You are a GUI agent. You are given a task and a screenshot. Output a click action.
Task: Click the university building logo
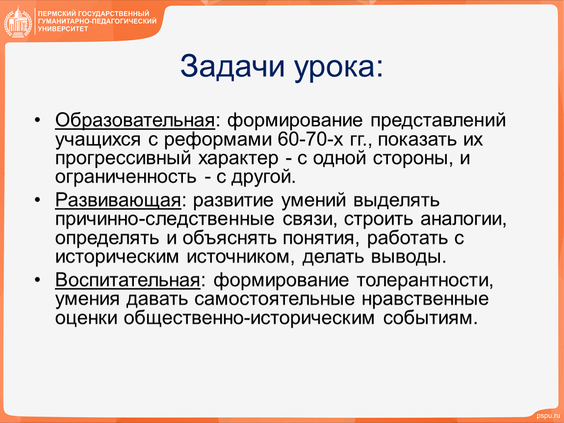18,22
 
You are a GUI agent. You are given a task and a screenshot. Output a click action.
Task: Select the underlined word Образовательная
135,120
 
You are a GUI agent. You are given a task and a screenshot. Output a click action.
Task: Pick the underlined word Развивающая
118,201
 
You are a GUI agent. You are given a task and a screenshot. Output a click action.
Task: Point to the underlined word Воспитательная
128,280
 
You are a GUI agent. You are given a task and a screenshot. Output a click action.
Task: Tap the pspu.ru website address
548,416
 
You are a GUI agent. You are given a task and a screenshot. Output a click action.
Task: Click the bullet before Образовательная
37,120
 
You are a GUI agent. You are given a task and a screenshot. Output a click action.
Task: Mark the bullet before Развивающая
37,200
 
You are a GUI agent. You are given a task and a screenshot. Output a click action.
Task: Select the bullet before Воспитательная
37,280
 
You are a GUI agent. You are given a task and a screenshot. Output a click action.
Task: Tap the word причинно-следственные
165,219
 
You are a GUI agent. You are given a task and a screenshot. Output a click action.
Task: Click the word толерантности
425,281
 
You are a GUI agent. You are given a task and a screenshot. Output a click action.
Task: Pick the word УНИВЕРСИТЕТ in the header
63,29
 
